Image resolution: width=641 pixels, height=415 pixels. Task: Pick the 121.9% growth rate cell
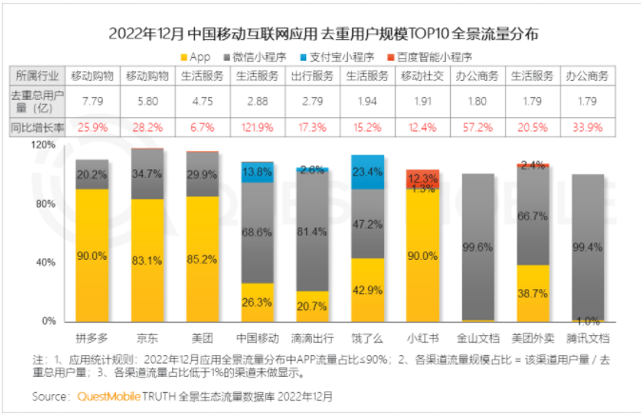click(x=258, y=126)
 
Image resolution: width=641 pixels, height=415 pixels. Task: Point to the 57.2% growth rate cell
click(x=478, y=126)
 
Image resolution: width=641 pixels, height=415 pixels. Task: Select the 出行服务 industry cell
click(x=313, y=75)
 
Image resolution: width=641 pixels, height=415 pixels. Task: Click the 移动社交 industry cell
click(x=423, y=75)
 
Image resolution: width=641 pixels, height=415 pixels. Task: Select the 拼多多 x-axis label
click(x=92, y=337)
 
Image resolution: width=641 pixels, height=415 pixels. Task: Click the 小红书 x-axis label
click(x=423, y=337)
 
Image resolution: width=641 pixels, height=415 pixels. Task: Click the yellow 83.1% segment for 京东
click(x=147, y=260)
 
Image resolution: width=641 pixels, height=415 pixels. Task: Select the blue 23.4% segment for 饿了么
click(x=368, y=171)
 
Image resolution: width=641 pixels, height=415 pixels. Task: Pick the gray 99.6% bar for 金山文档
click(x=478, y=247)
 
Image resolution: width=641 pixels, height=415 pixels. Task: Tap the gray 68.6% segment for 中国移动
click(x=258, y=232)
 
